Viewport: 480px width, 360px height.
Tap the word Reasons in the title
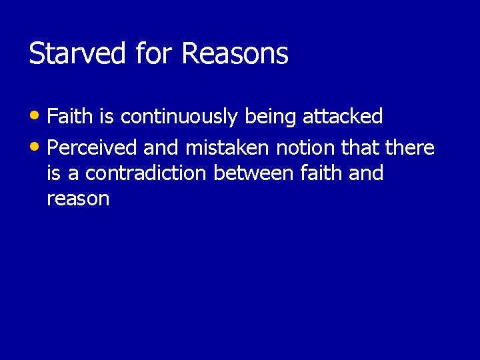(235, 54)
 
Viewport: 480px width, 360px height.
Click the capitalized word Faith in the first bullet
(70, 117)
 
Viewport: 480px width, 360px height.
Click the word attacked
(343, 117)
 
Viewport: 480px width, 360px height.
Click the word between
(253, 173)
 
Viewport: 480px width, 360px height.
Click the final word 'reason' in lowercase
(78, 199)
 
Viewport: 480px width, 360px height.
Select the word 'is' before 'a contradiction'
(54, 173)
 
